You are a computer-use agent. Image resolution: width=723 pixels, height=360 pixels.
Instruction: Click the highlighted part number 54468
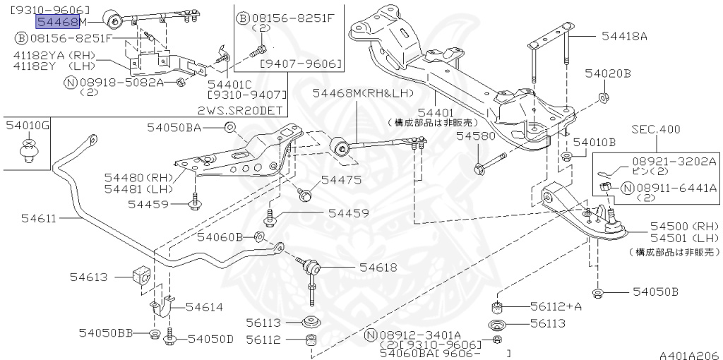[57, 22]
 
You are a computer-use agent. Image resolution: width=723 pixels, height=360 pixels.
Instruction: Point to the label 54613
[88, 277]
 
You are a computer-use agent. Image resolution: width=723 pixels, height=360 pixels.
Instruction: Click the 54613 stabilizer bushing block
[141, 276]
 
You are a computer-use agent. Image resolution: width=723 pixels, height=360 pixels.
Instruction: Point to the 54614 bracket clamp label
[204, 306]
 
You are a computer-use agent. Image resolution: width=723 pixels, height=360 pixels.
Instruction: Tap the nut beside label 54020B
[604, 95]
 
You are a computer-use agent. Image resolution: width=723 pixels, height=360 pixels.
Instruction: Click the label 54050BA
[174, 127]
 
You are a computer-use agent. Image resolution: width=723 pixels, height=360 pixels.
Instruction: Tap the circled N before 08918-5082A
[70, 83]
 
